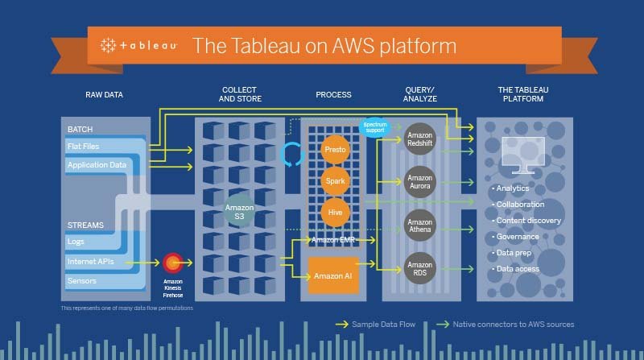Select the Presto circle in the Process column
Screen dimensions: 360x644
(x=334, y=151)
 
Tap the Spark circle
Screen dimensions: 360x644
(x=334, y=181)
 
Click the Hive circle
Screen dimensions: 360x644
(x=334, y=212)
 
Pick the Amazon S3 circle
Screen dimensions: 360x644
(x=239, y=212)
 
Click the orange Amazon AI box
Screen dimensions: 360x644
(x=333, y=276)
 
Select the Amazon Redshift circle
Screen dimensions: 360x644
(x=420, y=138)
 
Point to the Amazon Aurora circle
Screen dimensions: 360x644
(x=420, y=181)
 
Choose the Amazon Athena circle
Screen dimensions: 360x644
(x=420, y=226)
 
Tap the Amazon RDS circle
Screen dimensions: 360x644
(x=420, y=269)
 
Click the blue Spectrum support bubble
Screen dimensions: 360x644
(x=375, y=127)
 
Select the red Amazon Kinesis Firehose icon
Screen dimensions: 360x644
(x=172, y=262)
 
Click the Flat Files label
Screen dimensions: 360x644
(x=85, y=147)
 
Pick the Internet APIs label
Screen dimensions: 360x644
(x=90, y=262)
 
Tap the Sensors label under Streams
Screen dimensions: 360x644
(x=82, y=281)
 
